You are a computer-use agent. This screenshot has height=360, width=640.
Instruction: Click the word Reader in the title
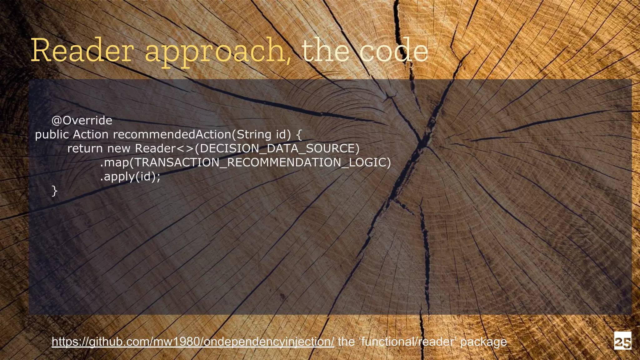82,51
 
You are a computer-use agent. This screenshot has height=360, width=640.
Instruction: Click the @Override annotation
82,120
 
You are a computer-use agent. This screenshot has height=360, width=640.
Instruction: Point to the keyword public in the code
52,135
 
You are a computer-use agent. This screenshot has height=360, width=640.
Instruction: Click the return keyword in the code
85,148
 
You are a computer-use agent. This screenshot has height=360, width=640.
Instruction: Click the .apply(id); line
130,177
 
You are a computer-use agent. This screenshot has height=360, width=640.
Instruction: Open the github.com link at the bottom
193,341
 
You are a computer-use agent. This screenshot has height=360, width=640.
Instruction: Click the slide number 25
622,340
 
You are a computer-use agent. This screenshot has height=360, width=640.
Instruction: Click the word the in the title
325,51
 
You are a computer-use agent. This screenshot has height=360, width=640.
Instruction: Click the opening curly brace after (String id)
299,135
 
